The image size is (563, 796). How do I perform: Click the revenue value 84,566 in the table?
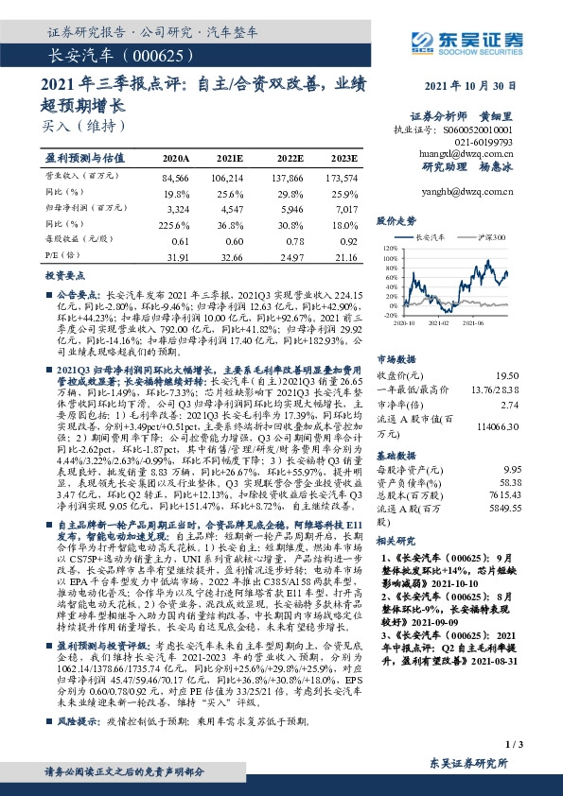(x=176, y=177)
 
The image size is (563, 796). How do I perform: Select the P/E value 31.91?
(x=176, y=255)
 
